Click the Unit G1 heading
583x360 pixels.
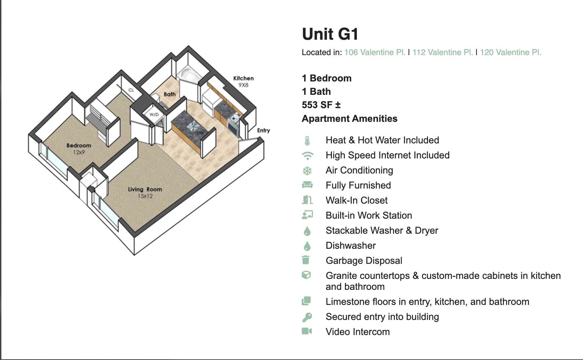coord(330,34)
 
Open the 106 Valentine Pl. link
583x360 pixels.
coord(375,52)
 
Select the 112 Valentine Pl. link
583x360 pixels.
coord(442,52)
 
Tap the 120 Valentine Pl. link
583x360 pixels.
coord(510,52)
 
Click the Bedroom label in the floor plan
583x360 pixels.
coord(79,146)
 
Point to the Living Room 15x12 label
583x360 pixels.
coord(145,192)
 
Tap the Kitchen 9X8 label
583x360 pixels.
coord(243,81)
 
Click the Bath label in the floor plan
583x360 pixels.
coord(169,94)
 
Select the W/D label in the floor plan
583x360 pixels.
coord(154,115)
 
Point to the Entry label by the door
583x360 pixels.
coord(263,130)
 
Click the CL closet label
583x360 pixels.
coord(131,90)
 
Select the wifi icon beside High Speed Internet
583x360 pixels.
coord(307,155)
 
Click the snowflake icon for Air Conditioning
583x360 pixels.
coord(307,170)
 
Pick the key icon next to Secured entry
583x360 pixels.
coord(307,317)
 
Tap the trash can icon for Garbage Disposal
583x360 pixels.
coord(306,260)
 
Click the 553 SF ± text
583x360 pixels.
coord(321,105)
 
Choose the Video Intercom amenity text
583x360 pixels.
coord(358,332)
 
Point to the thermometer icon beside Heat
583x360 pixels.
coord(307,140)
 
